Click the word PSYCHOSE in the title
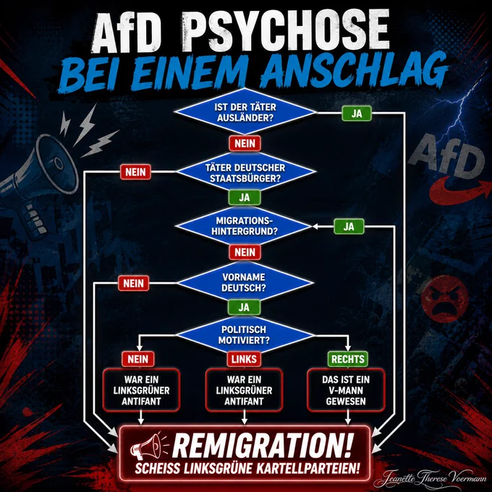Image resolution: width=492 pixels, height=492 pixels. [x=286, y=31]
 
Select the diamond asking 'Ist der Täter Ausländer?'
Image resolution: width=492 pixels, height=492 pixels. [x=245, y=112]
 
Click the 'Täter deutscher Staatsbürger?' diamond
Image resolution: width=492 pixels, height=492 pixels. [x=246, y=172]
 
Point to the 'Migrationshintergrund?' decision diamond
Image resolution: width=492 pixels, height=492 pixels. [x=245, y=226]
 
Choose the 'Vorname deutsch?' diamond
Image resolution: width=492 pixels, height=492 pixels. [x=245, y=282]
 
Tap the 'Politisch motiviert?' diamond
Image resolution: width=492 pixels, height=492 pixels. [x=245, y=335]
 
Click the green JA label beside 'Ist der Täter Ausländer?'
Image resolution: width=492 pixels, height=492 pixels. [x=357, y=114]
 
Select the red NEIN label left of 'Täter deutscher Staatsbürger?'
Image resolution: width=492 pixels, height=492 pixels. [x=135, y=172]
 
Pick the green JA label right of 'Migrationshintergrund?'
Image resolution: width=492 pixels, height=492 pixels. [x=349, y=226]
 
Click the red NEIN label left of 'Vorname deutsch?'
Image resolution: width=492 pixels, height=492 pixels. [x=133, y=284]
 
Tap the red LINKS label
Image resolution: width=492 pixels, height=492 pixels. [x=244, y=359]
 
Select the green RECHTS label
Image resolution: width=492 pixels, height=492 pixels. [x=348, y=359]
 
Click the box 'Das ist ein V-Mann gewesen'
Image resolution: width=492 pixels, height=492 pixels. [x=346, y=390]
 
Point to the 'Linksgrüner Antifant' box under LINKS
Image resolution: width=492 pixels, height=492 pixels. [x=244, y=390]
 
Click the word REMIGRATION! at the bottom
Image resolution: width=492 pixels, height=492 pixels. [x=263, y=446]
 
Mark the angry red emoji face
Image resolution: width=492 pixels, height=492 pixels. [x=445, y=299]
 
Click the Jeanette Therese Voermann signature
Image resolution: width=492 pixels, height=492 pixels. [x=435, y=478]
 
